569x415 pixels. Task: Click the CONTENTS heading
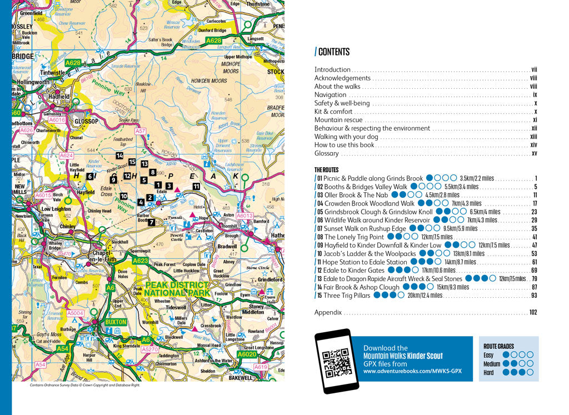(333, 52)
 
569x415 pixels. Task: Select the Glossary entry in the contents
(327, 153)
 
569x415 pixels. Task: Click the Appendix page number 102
(532, 312)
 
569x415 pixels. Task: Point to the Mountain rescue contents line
(338, 120)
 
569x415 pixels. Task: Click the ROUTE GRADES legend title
(498, 346)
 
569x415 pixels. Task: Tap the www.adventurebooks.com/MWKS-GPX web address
(409, 371)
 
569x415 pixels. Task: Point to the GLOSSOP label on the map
(86, 121)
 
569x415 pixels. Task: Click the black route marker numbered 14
(119, 156)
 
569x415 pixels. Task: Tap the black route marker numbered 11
(196, 186)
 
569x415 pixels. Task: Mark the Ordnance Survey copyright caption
(85, 384)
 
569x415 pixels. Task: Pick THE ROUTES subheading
(326, 169)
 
